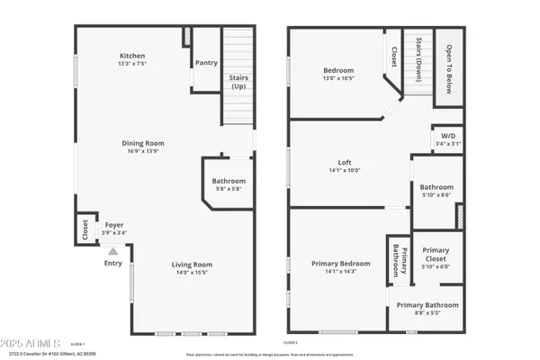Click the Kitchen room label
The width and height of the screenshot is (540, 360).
click(132, 56)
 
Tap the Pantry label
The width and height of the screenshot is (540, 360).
click(205, 63)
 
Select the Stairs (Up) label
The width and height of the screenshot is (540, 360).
click(238, 83)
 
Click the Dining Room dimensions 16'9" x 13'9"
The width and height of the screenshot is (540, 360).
click(143, 151)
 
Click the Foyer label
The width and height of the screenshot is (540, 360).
click(114, 227)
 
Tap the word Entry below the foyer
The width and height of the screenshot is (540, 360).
click(112, 263)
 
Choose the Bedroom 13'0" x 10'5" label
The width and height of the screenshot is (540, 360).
click(338, 70)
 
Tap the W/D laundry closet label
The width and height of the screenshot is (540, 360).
click(448, 137)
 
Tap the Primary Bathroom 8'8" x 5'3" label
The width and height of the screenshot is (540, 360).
click(428, 305)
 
